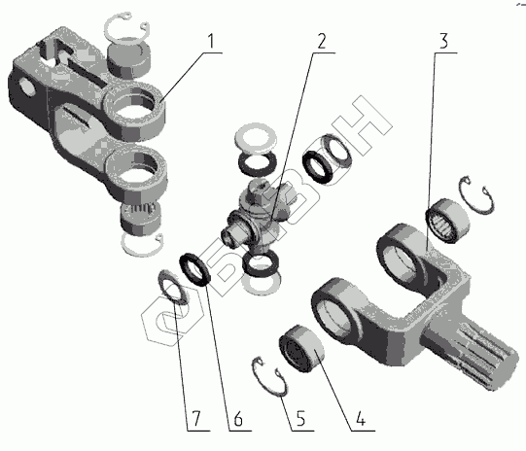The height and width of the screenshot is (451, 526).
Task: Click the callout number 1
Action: click(x=210, y=42)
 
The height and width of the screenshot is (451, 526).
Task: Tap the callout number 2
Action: click(x=322, y=42)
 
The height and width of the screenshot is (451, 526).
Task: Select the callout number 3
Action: click(x=443, y=41)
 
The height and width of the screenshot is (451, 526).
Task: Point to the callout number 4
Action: click(x=361, y=419)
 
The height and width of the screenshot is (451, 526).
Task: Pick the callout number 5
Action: click(x=300, y=419)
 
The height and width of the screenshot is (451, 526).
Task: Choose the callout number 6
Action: click(x=238, y=419)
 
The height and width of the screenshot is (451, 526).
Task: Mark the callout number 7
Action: click(x=196, y=419)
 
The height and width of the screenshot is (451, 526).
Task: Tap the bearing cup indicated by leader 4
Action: click(x=301, y=348)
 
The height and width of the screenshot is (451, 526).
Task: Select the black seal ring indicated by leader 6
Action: click(x=194, y=268)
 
